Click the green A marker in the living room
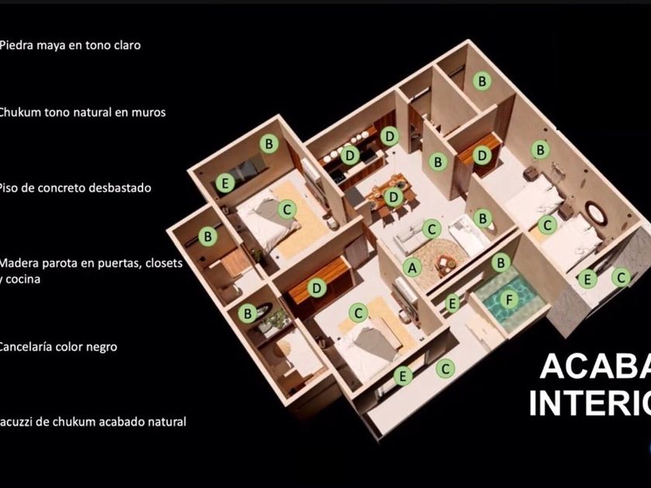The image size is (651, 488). point(413,266)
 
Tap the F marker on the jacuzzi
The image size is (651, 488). point(509,298)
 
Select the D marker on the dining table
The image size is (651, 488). point(394,197)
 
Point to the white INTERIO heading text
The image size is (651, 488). point(590,402)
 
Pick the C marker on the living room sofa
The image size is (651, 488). point(432,228)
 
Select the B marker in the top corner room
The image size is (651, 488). point(481,80)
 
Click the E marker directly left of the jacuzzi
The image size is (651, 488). point(453,302)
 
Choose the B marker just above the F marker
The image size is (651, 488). point(500,263)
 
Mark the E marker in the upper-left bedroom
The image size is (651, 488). point(226,183)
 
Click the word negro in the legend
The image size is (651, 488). point(101,346)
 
